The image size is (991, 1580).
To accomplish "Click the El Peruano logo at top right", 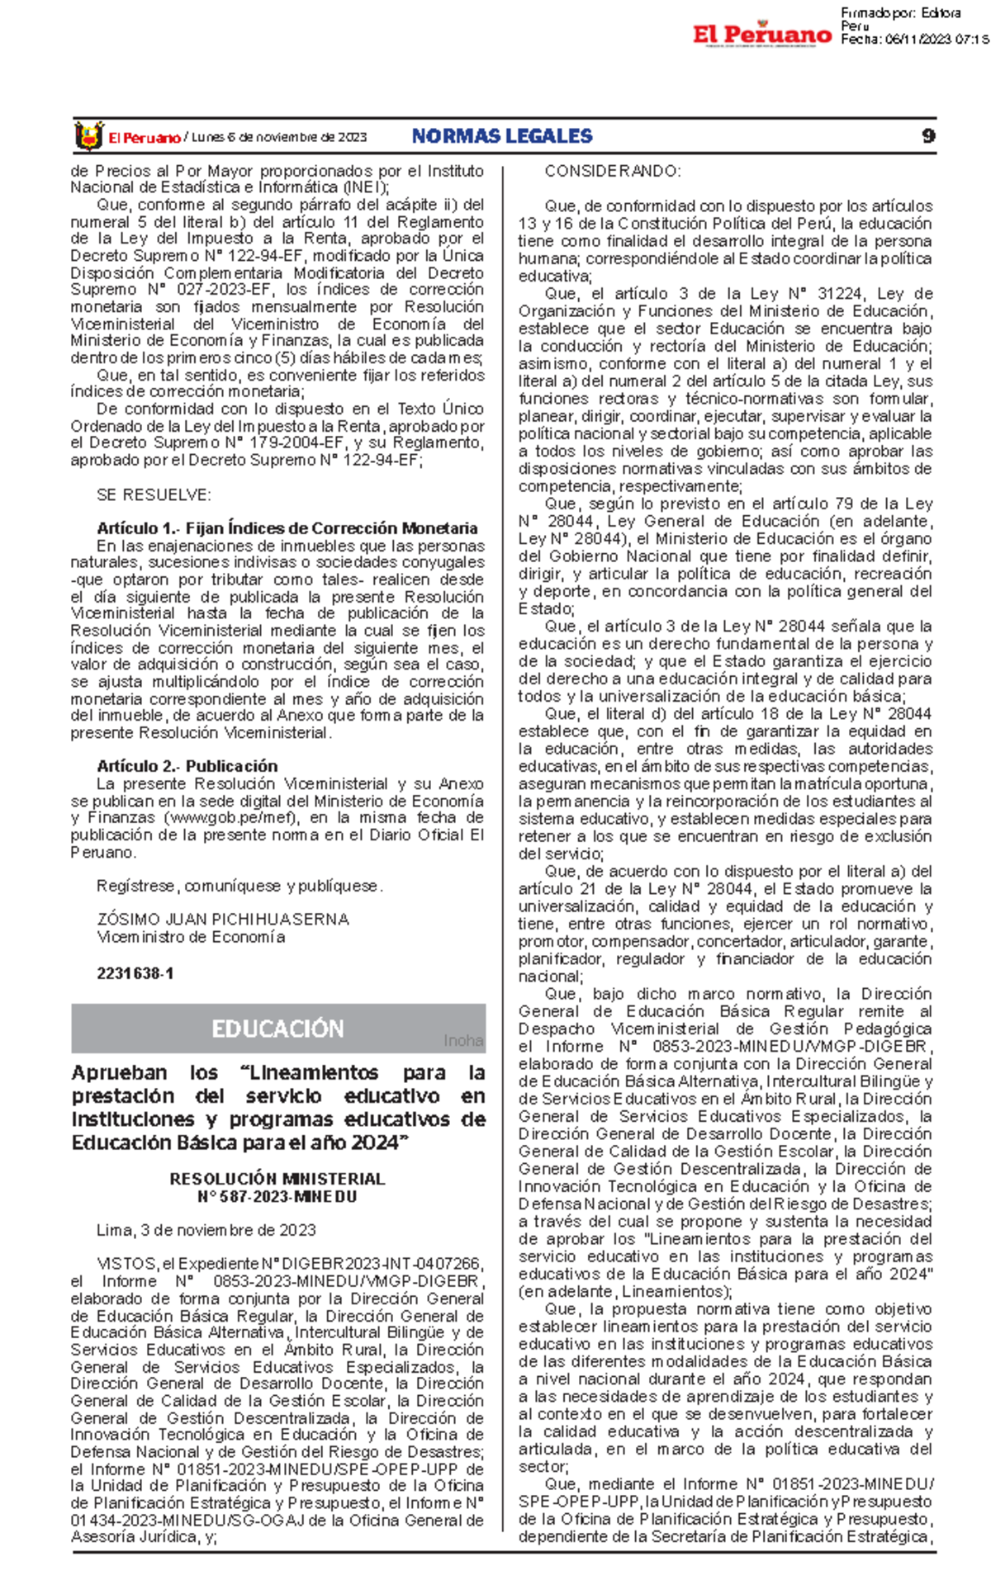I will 761,34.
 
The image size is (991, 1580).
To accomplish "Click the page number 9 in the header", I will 928,136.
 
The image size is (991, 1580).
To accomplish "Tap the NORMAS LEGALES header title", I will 502,136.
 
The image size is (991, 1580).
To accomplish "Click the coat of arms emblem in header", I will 88,136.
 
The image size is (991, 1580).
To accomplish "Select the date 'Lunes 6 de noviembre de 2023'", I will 279,138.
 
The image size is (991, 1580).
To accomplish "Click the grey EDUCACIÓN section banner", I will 277,1029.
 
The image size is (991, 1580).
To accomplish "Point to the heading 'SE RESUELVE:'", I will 154,495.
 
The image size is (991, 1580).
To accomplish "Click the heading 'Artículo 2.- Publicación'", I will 187,766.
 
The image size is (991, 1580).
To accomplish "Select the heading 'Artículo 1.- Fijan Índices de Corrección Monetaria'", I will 287,528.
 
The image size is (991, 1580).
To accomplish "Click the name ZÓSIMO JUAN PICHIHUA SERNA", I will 223,920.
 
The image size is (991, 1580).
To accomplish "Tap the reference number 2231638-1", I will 135,973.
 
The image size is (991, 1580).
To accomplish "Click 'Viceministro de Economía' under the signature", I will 191,937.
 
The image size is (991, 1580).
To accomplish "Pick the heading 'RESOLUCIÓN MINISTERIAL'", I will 277,1179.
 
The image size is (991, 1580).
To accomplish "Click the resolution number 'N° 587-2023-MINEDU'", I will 277,1197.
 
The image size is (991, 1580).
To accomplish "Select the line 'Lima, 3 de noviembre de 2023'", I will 206,1230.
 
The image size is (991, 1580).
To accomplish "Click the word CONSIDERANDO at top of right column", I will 612,172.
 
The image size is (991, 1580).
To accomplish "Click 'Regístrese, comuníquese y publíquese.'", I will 239,886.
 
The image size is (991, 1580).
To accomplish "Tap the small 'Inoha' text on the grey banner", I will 463,1041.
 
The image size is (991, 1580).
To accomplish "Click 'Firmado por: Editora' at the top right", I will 900,12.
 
